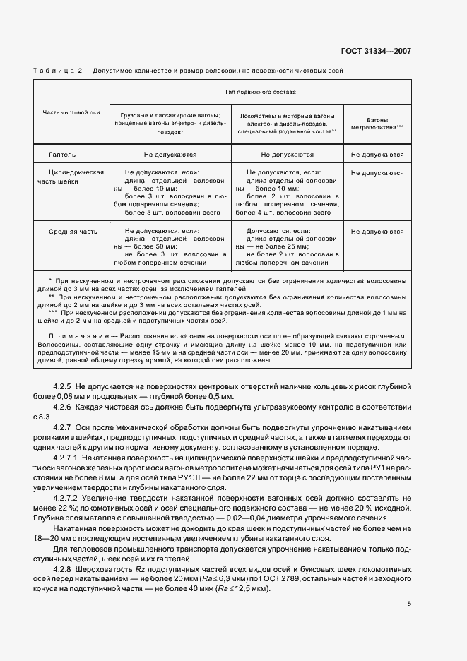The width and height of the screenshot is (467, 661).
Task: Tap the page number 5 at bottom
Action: [x=409, y=603]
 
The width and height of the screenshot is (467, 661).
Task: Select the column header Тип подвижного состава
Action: [x=260, y=92]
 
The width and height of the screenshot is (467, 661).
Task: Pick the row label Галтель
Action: [x=62, y=154]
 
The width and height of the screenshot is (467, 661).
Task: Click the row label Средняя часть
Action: [x=73, y=231]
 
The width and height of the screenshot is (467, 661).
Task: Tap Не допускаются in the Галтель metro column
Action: [x=377, y=154]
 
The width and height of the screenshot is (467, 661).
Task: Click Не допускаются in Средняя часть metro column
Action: [x=377, y=231]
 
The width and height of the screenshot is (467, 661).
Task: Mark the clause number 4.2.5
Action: [x=63, y=386]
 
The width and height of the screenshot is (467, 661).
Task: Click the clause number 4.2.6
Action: [x=63, y=407]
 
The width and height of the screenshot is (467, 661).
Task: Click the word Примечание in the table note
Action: [x=71, y=335]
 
